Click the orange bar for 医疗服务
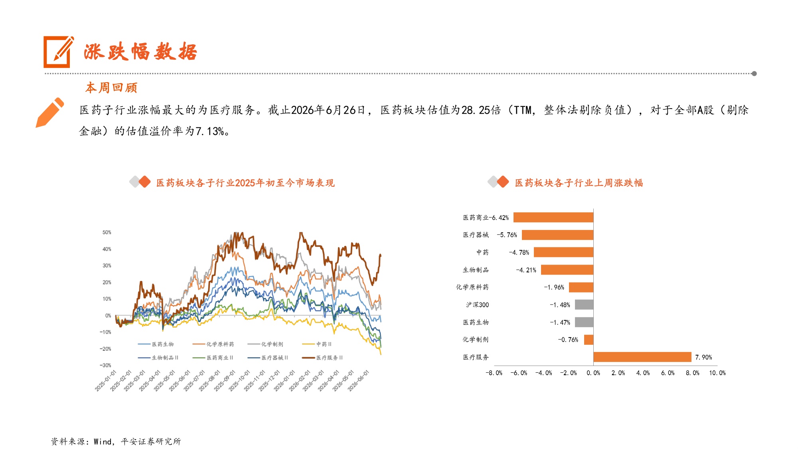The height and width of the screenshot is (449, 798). tap(642, 357)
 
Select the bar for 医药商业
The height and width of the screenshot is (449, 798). tap(553, 218)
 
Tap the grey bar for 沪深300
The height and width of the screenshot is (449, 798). tap(584, 305)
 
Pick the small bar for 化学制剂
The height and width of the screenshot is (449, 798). tap(589, 340)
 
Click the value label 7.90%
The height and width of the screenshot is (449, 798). tap(703, 357)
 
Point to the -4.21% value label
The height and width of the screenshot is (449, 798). tap(526, 270)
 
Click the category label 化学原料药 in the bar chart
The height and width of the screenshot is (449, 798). tap(472, 287)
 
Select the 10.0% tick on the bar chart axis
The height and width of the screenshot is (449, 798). tap(717, 373)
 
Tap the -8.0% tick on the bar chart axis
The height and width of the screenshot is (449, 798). tap(494, 373)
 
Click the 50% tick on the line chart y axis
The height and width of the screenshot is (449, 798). tap(107, 232)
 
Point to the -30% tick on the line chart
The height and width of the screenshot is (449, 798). tap(105, 365)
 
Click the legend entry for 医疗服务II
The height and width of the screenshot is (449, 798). tap(322, 358)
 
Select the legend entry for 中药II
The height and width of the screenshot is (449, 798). tap(317, 344)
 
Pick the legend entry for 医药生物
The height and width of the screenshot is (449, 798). tap(156, 344)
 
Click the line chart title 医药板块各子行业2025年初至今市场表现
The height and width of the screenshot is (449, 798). tap(245, 183)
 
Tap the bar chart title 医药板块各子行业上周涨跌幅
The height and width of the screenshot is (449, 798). tap(579, 183)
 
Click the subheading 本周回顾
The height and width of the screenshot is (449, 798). tap(111, 87)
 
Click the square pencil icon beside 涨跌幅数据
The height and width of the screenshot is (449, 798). tap(58, 52)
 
